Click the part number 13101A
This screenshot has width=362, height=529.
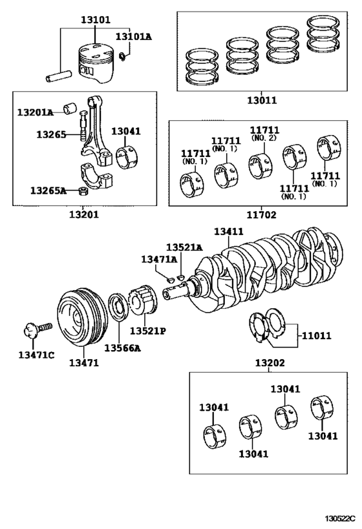coord(134,36)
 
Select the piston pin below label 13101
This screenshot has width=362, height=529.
coord(59,76)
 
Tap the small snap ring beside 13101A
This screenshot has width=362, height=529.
coord(123,56)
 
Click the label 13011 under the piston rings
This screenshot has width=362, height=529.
coord(262,100)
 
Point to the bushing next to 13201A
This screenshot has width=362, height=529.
coord(70,108)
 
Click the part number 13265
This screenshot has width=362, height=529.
coord(51,134)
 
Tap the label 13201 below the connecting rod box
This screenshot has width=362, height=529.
coord(84,214)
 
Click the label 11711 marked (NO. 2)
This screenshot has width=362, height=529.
coord(264,130)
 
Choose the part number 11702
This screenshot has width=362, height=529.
coord(261,214)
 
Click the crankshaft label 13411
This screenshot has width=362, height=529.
coord(229,231)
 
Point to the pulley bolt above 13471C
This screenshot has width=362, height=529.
coord(38,329)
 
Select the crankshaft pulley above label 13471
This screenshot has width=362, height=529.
coord(82,316)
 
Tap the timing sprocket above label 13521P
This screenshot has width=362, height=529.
coord(143,299)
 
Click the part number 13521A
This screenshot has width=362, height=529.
coord(184,247)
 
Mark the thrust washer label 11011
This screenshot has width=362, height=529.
coord(316,336)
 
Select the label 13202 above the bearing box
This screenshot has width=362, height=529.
coord(270,363)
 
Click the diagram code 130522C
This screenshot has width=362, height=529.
coord(341,518)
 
